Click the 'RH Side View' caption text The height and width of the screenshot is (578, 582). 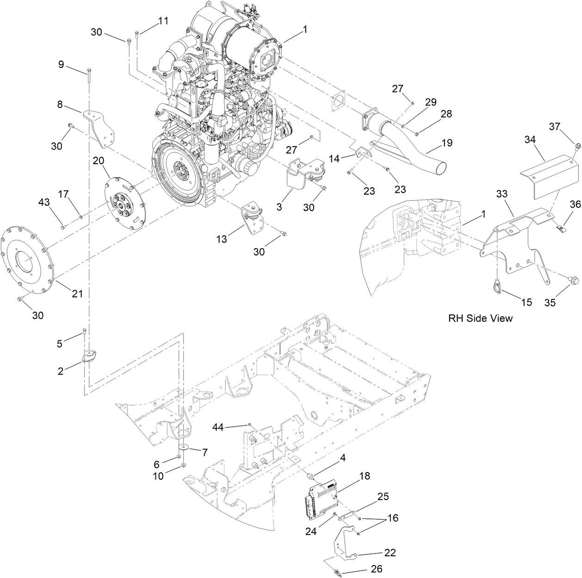tap(480, 318)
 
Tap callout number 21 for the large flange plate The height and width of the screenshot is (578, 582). tap(77, 293)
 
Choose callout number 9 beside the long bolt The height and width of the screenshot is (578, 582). tap(61, 64)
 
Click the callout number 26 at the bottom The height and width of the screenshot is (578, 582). tap(377, 569)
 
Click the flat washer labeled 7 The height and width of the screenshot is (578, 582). tap(185, 448)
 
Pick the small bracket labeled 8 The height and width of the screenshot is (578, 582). tap(100, 127)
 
